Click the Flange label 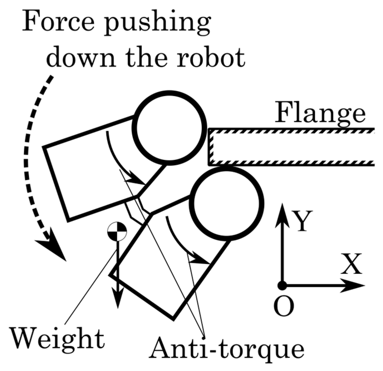pyautogui.click(x=320, y=113)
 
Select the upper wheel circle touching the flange pyautogui.click(x=169, y=128)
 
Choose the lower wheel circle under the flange pyautogui.click(x=227, y=203)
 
